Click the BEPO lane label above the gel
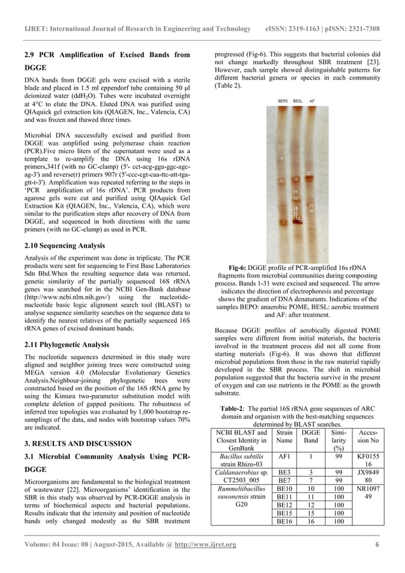click(x=282, y=101)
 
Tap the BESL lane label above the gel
click(x=298, y=101)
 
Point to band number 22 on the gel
click(x=309, y=173)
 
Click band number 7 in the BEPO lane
click(x=282, y=223)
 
